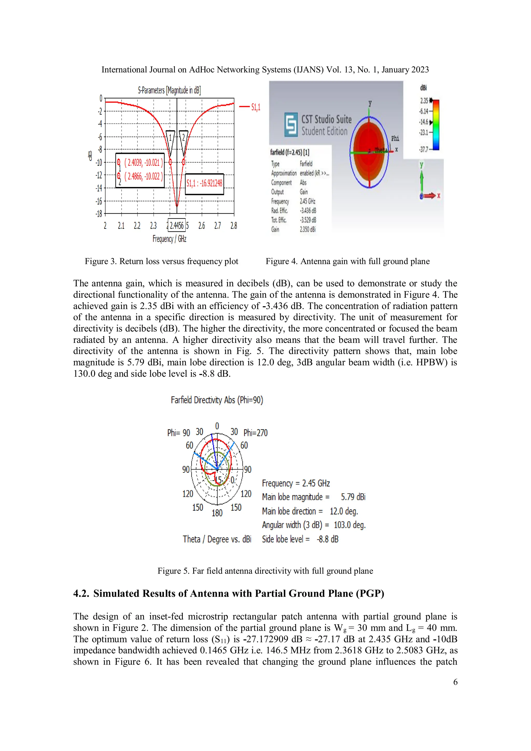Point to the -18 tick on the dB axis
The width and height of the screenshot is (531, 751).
[99, 214]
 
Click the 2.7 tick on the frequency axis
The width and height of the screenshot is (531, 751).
[218, 226]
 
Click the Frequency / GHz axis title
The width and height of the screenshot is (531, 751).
[169, 239]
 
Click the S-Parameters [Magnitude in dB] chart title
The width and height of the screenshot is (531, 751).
[169, 90]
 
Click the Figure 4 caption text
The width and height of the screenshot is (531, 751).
[348, 261]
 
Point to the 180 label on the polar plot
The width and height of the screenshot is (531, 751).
[217, 513]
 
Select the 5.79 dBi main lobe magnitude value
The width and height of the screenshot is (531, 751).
[353, 497]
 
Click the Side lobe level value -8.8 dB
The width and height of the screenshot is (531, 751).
[327, 539]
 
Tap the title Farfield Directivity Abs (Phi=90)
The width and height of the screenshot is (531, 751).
[217, 400]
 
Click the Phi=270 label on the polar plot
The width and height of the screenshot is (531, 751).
[255, 433]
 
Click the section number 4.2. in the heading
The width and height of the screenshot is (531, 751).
[81, 593]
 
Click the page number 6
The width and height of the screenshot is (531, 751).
[455, 682]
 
